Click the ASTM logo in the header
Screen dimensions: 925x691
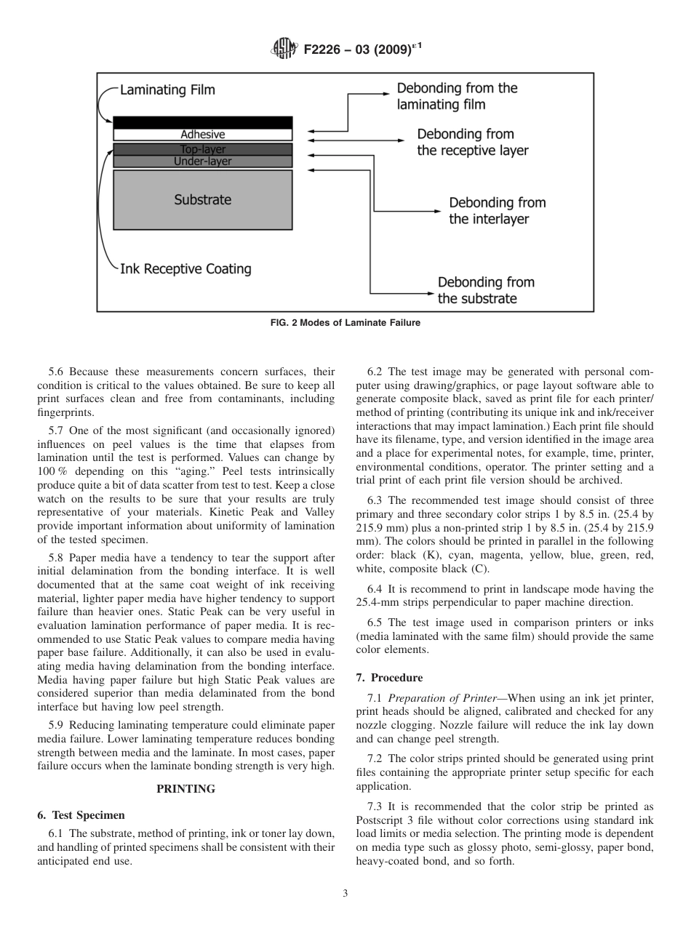coord(284,49)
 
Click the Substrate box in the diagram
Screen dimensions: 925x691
coord(202,200)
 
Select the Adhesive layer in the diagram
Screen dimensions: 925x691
coord(202,135)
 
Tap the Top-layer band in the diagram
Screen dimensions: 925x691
coord(202,149)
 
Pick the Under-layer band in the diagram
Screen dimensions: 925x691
coord(202,161)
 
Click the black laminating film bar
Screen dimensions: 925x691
coord(202,122)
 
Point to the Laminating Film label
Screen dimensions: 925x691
coord(167,91)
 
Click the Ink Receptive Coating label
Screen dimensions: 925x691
coord(185,269)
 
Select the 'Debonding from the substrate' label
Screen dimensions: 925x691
coord(485,290)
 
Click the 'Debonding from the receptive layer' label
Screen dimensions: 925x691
coord(472,143)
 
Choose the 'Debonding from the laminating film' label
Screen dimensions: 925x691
coord(457,96)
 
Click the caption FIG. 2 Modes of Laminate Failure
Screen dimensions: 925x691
coord(345,323)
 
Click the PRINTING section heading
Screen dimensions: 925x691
coord(186,789)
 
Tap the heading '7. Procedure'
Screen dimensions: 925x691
coord(389,678)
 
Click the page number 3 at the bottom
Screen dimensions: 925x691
coord(345,894)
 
